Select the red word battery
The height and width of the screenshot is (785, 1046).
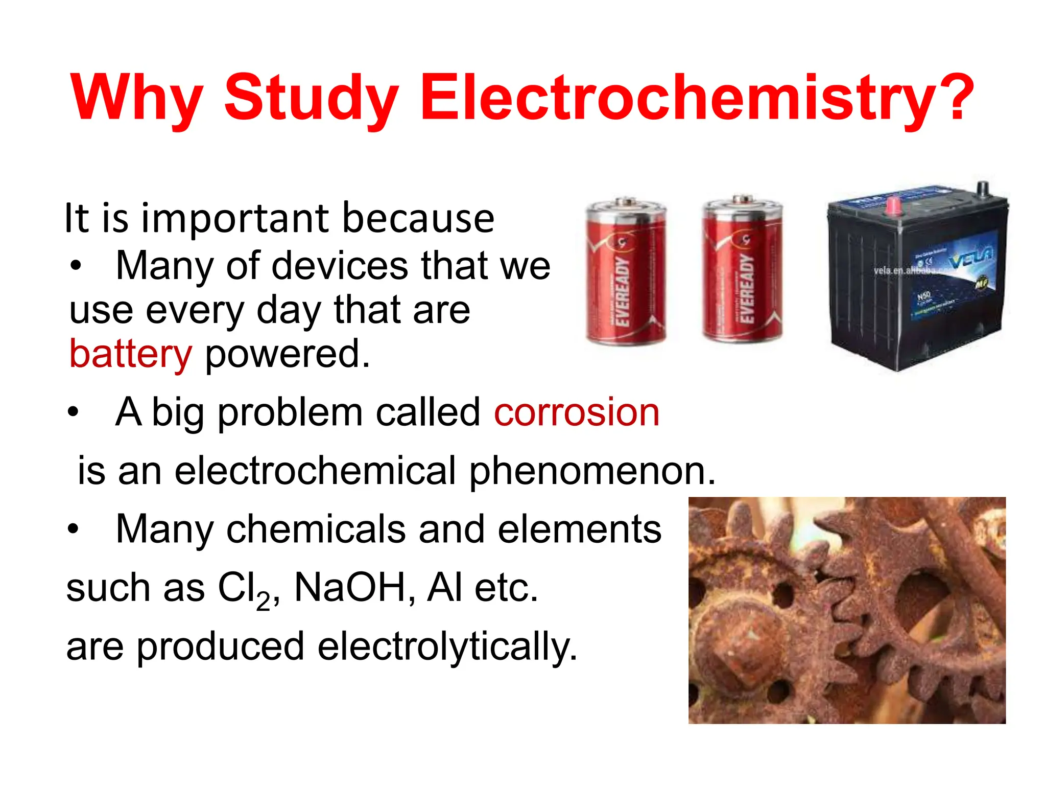[131, 354]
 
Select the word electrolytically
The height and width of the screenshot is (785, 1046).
[447, 647]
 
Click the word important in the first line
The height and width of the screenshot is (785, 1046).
[235, 219]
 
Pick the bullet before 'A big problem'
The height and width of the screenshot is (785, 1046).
[74, 412]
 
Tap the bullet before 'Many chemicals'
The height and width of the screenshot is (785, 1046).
[74, 529]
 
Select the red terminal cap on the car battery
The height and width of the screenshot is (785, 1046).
[893, 205]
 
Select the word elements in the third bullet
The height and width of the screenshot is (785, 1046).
[579, 529]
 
